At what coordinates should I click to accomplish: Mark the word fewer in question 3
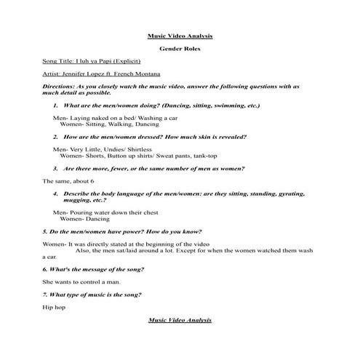coord(135,168)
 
